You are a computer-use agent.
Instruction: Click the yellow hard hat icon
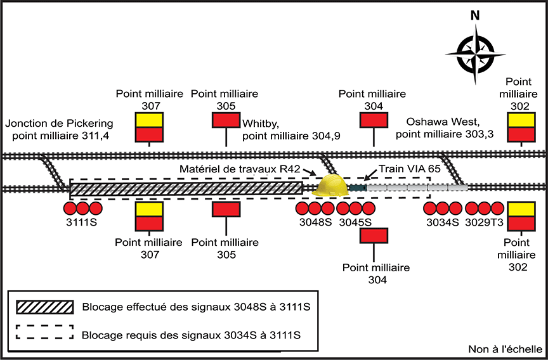click(332, 185)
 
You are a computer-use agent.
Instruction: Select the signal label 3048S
click(316, 222)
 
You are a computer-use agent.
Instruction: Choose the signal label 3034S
click(442, 222)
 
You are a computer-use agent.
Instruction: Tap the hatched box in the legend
click(41, 307)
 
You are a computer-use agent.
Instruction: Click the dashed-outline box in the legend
click(41, 333)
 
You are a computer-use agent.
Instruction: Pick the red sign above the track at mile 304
click(374, 120)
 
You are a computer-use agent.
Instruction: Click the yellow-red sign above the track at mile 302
click(522, 127)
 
